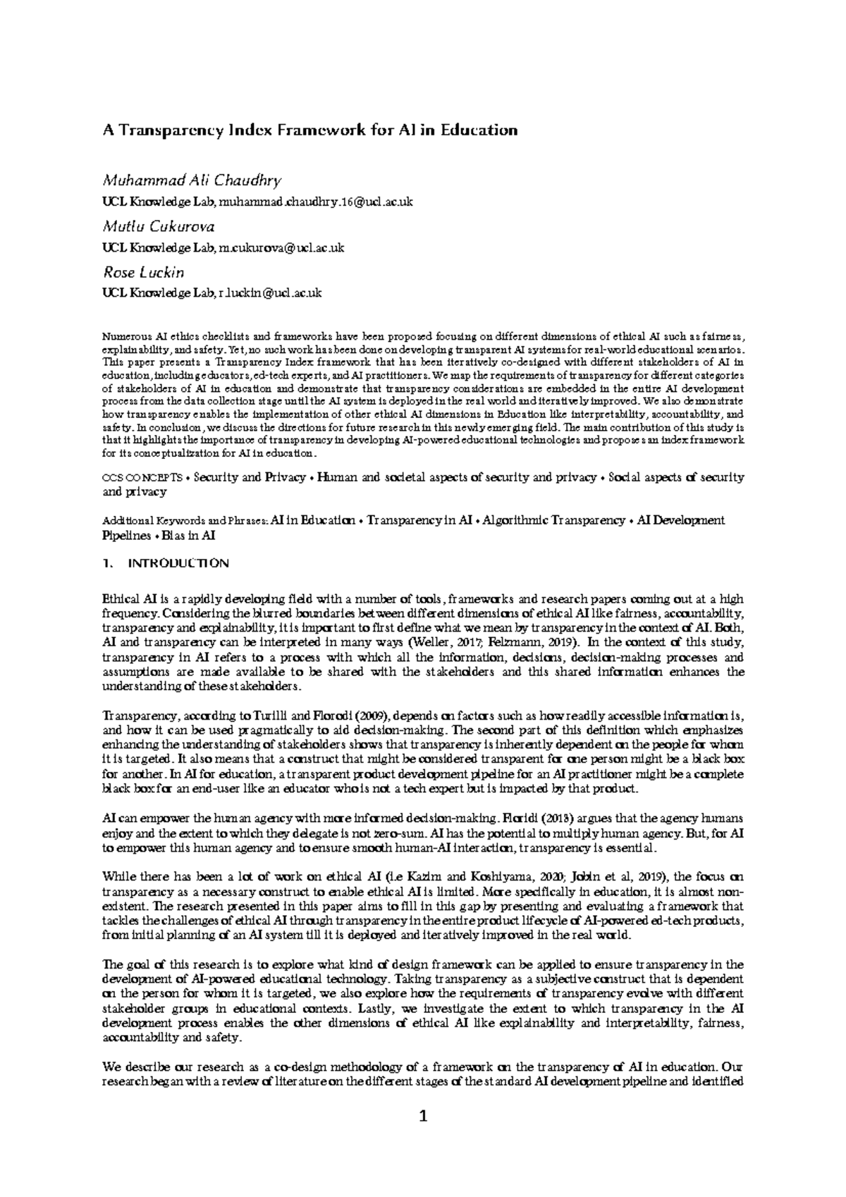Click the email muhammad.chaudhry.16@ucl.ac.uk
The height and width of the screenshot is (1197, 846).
[316, 202]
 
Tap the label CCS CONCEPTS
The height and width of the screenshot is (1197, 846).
[145, 477]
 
